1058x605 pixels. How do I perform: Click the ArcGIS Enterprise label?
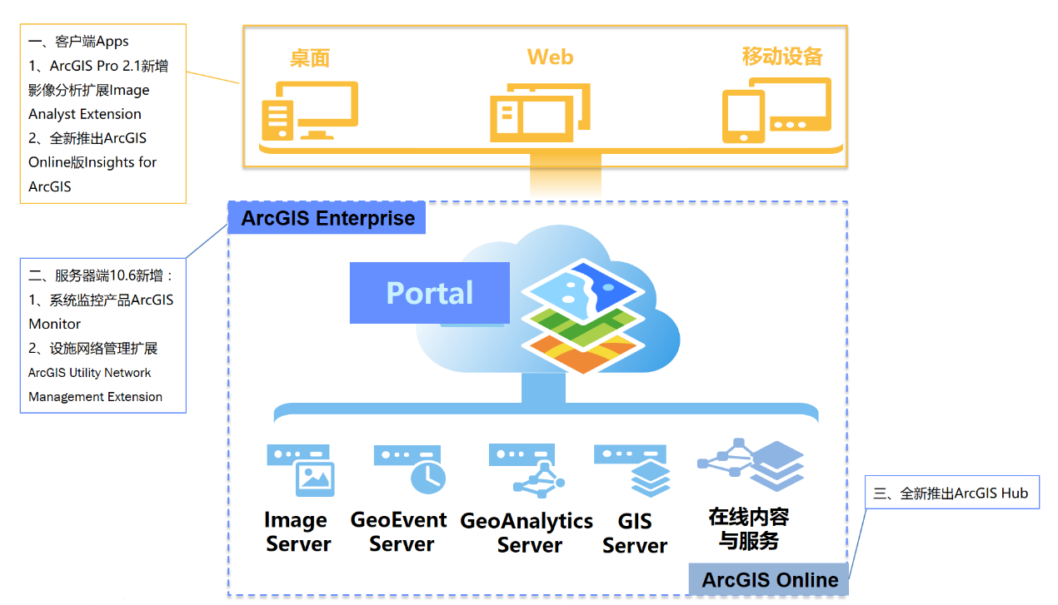click(x=327, y=219)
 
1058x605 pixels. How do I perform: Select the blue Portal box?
click(x=429, y=293)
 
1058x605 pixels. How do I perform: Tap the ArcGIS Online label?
click(x=770, y=580)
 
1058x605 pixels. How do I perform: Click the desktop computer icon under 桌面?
click(x=308, y=111)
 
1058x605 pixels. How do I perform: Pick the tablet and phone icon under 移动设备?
click(x=776, y=109)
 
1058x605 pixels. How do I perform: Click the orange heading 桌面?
click(x=310, y=57)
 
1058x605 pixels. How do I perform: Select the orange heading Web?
click(x=550, y=57)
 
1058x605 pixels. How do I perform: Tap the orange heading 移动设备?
click(x=782, y=57)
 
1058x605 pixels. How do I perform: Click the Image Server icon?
click(x=302, y=470)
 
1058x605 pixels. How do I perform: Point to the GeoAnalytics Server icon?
click(x=527, y=470)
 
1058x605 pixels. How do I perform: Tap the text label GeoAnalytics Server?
click(x=527, y=533)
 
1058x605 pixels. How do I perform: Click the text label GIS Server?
click(x=635, y=533)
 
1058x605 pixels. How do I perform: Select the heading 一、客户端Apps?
click(x=79, y=42)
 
